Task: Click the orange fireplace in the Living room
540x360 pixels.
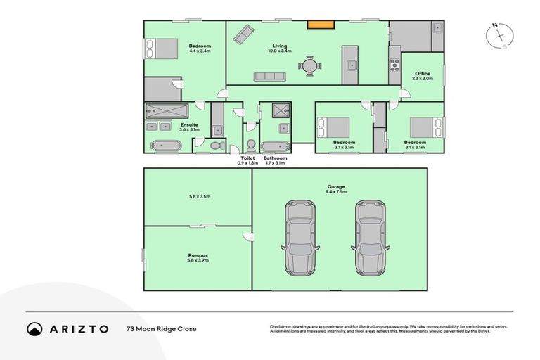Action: (x=319, y=25)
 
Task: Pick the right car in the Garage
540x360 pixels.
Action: (x=371, y=238)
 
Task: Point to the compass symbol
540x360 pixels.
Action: (x=499, y=36)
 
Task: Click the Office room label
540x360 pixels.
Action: (x=423, y=74)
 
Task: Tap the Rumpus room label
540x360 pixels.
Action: (x=198, y=255)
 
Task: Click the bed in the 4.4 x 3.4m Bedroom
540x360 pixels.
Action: (x=162, y=49)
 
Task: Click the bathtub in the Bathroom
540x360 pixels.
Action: (x=275, y=147)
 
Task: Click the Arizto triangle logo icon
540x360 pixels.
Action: (x=34, y=329)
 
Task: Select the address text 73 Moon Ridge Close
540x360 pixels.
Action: (x=161, y=329)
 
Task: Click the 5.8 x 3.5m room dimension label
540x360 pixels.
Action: (x=198, y=197)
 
